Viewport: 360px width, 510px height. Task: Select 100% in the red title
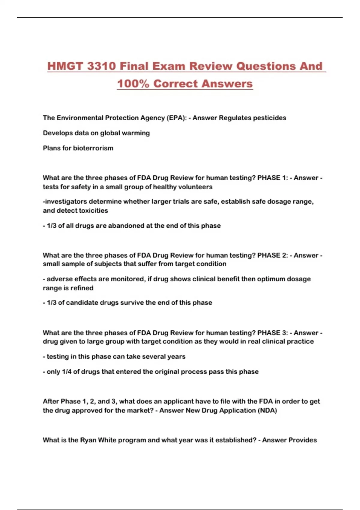(133, 84)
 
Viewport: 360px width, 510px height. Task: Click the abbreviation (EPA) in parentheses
(176, 118)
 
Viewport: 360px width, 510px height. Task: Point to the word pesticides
(269, 118)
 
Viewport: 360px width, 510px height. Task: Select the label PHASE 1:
(273, 178)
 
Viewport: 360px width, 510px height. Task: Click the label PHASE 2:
(273, 255)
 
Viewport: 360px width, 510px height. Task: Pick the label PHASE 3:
(273, 333)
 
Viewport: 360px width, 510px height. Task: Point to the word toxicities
(93, 211)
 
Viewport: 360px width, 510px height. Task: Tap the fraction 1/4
(67, 372)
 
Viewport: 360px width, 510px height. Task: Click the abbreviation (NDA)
(267, 410)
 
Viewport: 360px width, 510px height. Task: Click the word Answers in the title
(227, 84)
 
